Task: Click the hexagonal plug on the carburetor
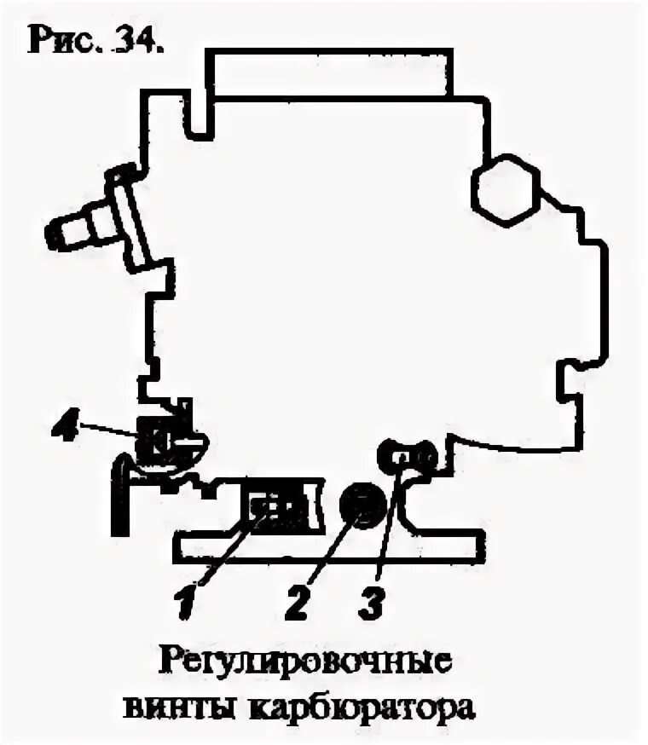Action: coord(506,188)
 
